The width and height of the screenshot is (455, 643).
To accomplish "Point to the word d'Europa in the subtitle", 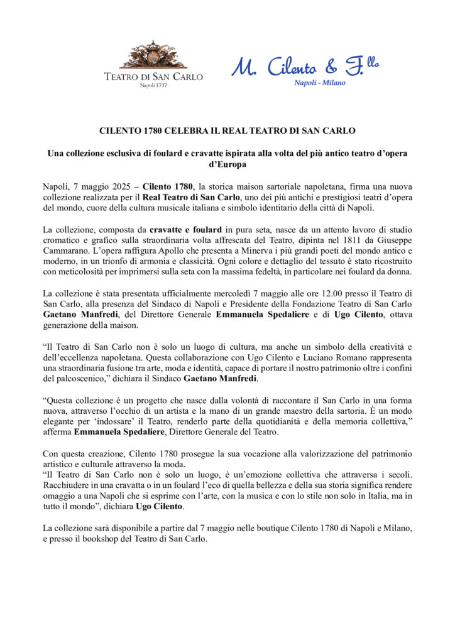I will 227,165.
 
